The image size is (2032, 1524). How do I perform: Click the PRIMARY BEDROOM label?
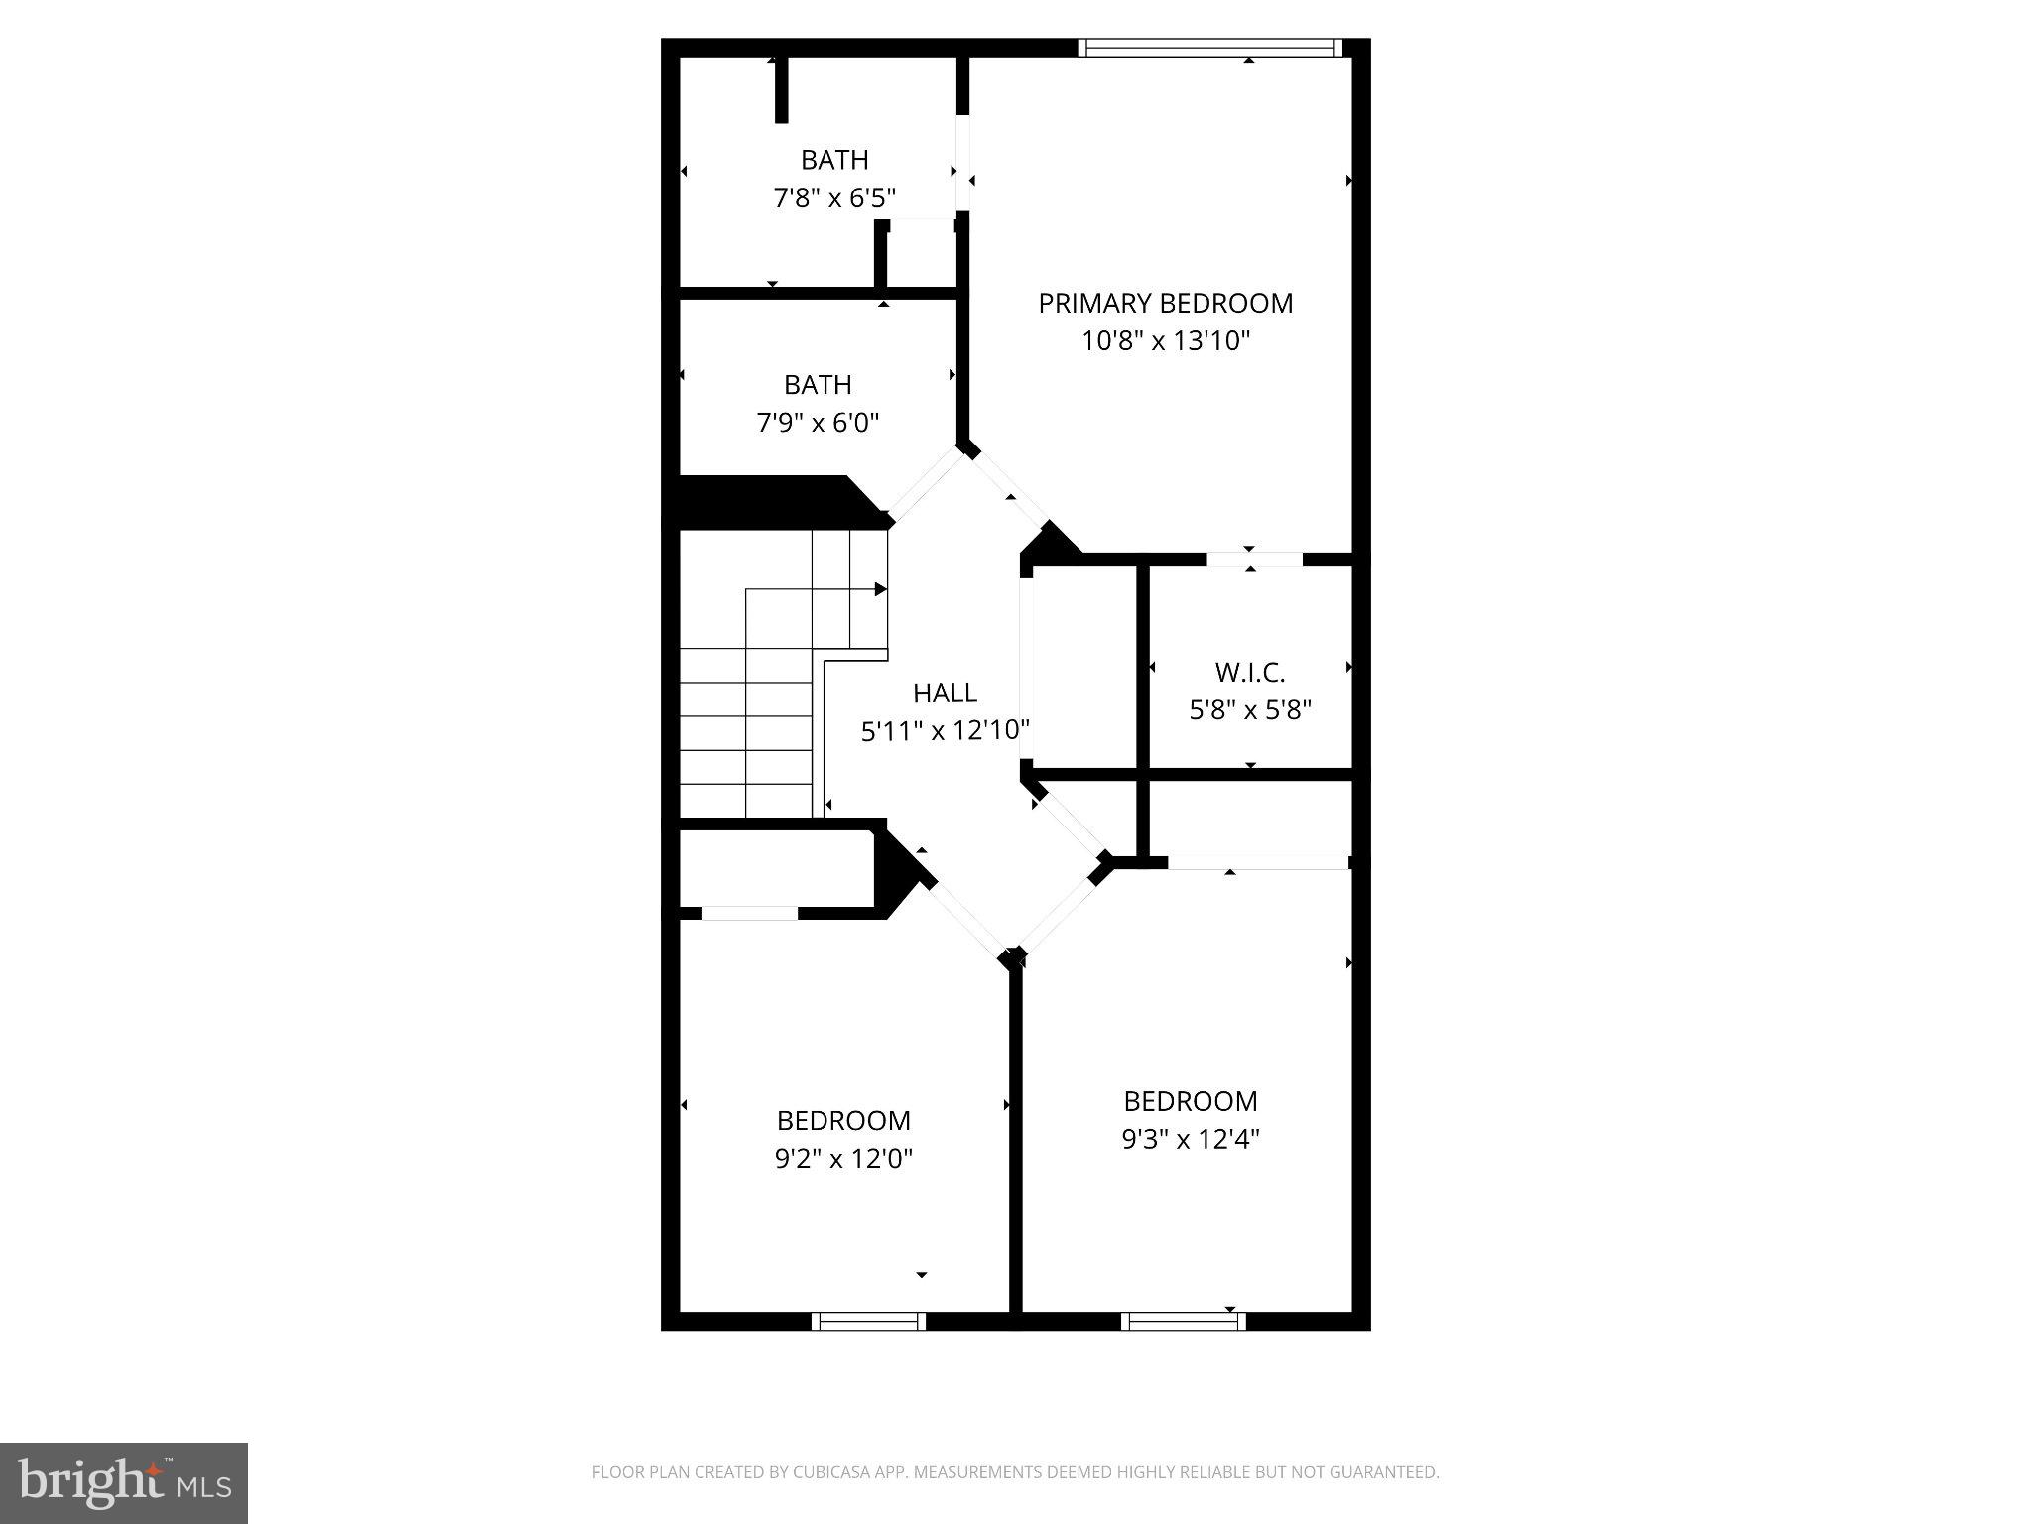point(1166,303)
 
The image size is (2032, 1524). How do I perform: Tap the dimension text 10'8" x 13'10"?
point(1166,341)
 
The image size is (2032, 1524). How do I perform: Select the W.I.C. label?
point(1250,673)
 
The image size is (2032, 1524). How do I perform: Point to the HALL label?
point(945,693)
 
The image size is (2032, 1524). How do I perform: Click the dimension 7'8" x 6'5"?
point(834,198)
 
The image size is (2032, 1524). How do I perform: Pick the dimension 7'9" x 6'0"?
point(818,423)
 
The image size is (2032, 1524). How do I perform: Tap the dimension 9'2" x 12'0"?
point(843,1158)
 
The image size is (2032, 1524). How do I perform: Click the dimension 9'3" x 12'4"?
point(1191,1139)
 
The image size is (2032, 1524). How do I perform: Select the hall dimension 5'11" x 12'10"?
point(945,731)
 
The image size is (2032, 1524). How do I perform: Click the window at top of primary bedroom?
point(1209,48)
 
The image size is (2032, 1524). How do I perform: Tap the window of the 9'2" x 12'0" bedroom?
point(868,1321)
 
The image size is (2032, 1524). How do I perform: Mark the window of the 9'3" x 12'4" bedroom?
point(1183,1321)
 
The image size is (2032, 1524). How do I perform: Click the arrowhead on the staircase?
point(880,589)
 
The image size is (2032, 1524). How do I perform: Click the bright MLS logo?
point(124,1482)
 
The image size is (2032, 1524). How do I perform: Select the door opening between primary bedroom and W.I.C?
point(1254,560)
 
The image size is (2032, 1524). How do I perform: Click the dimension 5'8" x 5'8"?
point(1250,710)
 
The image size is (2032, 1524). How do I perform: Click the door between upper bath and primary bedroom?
point(962,164)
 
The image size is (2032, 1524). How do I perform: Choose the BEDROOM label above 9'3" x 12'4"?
point(1191,1101)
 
